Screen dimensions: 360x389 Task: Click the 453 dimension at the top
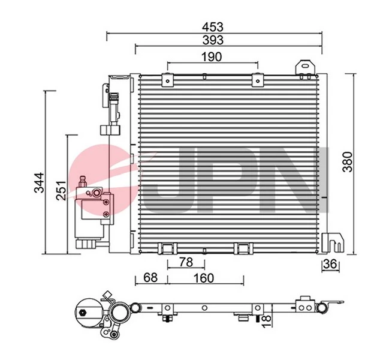(x=213, y=26)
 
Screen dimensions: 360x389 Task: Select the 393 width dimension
(x=213, y=40)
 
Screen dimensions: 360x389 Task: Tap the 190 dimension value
(x=212, y=56)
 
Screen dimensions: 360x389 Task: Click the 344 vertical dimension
(x=38, y=182)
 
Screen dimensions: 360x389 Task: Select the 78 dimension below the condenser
(x=186, y=262)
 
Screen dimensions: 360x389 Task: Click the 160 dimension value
(x=205, y=278)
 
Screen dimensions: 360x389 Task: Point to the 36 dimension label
(x=330, y=265)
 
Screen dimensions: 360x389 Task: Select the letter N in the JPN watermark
(x=303, y=180)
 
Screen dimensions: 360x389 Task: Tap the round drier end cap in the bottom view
(x=88, y=314)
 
